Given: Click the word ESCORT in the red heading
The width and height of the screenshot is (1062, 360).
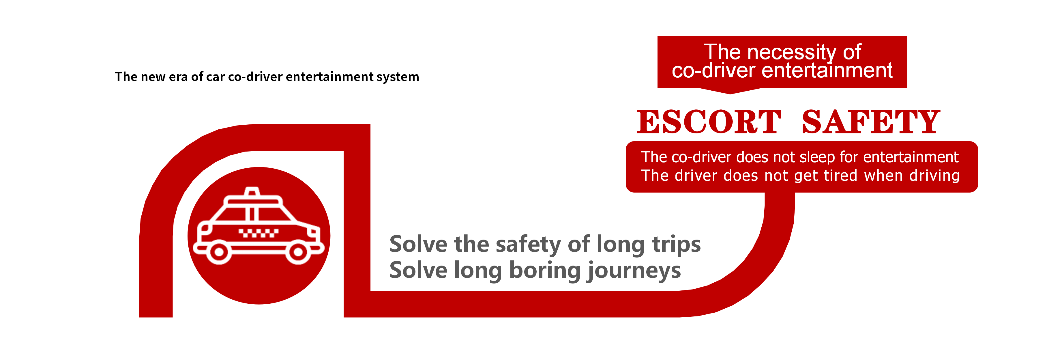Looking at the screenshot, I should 709,122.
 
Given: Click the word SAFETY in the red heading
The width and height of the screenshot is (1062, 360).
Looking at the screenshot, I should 871,122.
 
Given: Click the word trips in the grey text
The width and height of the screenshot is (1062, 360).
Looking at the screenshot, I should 676,245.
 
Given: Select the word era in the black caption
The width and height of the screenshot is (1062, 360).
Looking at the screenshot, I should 175,77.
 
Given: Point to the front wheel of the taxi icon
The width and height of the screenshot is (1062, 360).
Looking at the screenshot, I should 298,252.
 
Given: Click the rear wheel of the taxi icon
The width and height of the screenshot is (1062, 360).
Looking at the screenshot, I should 218,252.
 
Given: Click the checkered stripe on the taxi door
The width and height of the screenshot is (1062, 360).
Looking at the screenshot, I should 259,233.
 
